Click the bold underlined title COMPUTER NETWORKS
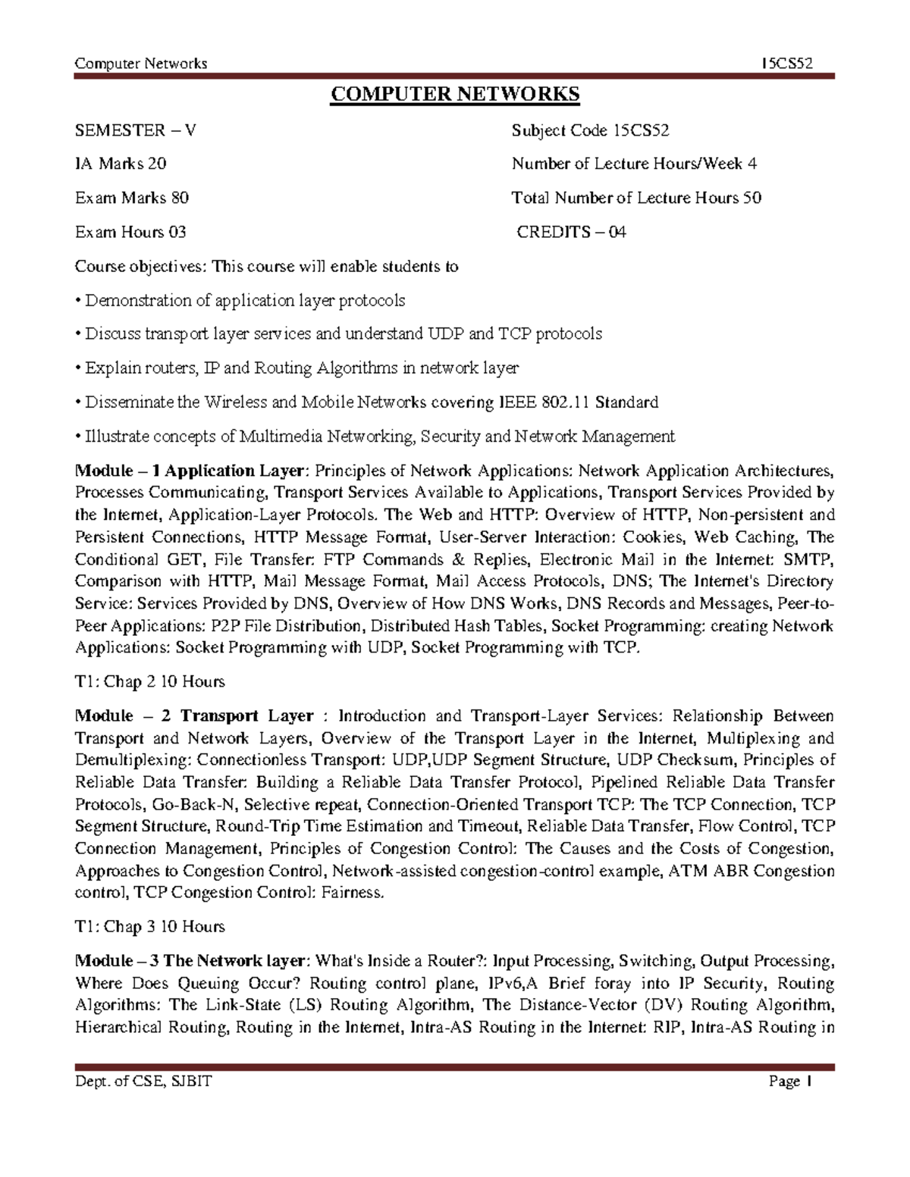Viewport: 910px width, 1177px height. pos(455,95)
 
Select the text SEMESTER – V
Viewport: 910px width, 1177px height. pos(135,130)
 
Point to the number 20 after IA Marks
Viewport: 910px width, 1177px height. pos(157,164)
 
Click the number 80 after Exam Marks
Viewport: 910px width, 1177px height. pos(180,198)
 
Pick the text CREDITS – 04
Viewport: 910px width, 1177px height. pos(571,232)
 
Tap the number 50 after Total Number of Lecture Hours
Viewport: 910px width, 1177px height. pos(752,198)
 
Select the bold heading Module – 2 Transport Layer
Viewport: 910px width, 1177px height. pos(194,716)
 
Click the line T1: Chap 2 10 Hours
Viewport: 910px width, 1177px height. pos(150,681)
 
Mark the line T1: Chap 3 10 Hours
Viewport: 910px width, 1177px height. pos(150,926)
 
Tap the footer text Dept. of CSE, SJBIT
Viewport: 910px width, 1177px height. pos(143,1082)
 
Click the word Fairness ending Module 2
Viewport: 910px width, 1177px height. pos(353,893)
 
